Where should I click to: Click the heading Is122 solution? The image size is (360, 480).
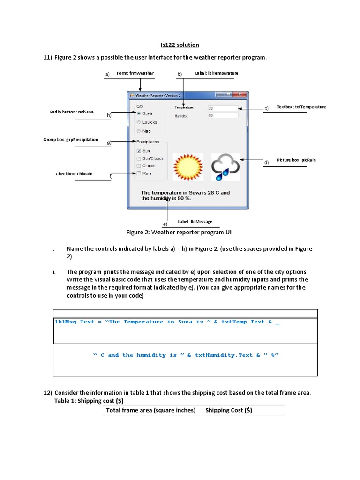pyautogui.click(x=180, y=45)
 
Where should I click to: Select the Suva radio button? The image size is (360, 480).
pyautogui.click(x=139, y=113)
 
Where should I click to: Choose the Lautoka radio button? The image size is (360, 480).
pyautogui.click(x=139, y=122)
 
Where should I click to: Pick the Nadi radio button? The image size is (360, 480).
pyautogui.click(x=139, y=131)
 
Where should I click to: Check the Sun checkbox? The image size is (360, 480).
pyautogui.click(x=139, y=151)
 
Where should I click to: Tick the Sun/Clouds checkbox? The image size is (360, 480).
pyautogui.click(x=139, y=158)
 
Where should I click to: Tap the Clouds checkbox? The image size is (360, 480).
pyautogui.click(x=139, y=166)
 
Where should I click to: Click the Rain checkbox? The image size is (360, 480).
pyautogui.click(x=139, y=173)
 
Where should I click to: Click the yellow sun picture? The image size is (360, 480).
pyautogui.click(x=188, y=167)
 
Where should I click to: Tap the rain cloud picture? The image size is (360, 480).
pyautogui.click(x=225, y=167)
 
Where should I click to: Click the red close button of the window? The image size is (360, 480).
pyautogui.click(x=240, y=95)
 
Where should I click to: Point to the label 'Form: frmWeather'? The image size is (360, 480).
pyautogui.click(x=135, y=73)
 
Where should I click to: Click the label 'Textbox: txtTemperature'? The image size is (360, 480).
pyautogui.click(x=301, y=107)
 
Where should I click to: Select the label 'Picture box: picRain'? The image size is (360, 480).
pyautogui.click(x=296, y=160)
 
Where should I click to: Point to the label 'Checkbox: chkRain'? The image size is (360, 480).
pyautogui.click(x=74, y=174)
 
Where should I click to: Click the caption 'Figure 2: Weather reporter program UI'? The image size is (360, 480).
pyautogui.click(x=179, y=232)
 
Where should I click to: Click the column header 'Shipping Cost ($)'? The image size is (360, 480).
pyautogui.click(x=229, y=410)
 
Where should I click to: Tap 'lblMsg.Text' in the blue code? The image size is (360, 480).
pyautogui.click(x=75, y=322)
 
